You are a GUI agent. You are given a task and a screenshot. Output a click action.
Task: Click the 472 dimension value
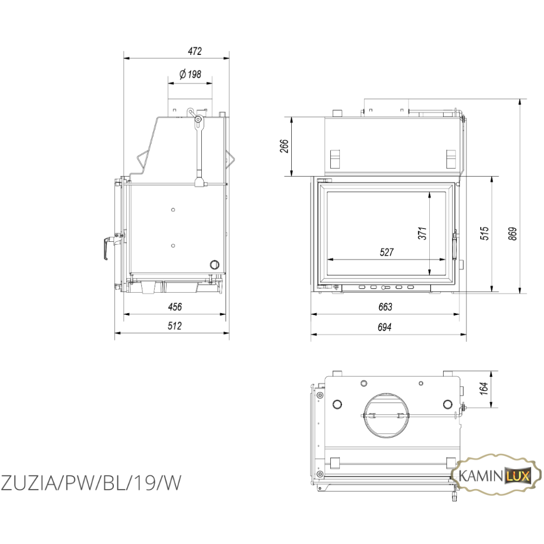click(195, 51)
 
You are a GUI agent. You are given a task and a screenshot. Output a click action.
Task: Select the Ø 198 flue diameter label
click(190, 74)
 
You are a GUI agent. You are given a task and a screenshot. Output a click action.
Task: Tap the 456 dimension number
click(175, 307)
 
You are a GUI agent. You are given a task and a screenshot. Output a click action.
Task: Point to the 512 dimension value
click(175, 326)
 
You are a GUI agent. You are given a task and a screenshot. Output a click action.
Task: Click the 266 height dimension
click(284, 146)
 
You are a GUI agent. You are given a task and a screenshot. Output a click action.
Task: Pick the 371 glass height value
click(422, 233)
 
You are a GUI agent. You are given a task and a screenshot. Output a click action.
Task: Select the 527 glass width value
click(387, 252)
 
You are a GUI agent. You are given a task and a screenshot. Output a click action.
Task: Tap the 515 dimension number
click(484, 233)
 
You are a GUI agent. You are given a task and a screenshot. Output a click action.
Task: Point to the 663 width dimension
click(385, 307)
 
